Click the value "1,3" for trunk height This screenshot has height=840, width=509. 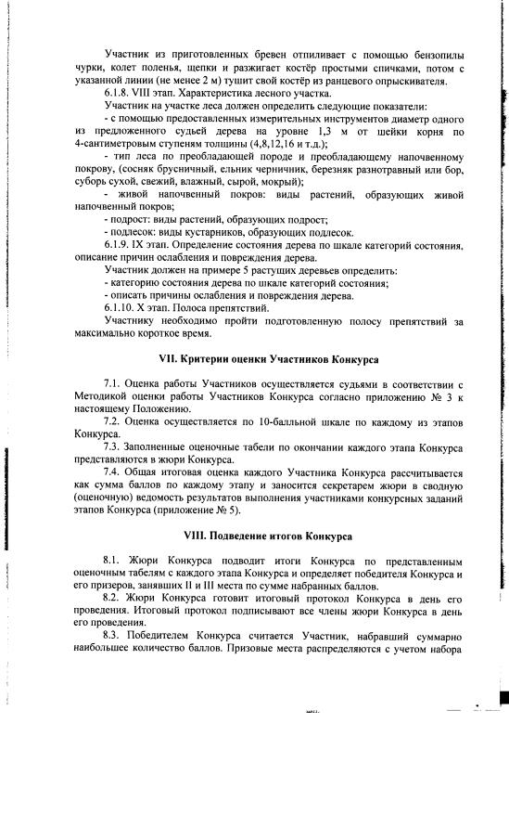(304, 131)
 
